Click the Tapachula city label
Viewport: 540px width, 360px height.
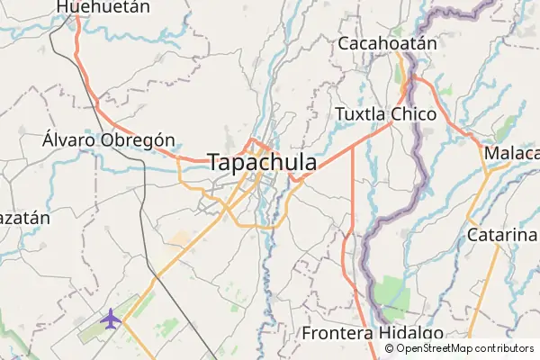(262, 163)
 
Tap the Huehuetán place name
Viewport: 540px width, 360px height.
(90, 6)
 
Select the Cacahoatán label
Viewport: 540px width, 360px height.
(387, 43)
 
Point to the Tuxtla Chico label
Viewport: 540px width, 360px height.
(385, 114)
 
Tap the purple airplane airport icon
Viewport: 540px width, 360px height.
(111, 319)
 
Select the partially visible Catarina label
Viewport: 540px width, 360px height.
(502, 235)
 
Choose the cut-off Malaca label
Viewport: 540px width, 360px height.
(511, 153)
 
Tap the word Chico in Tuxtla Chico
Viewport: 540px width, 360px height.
(414, 114)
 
